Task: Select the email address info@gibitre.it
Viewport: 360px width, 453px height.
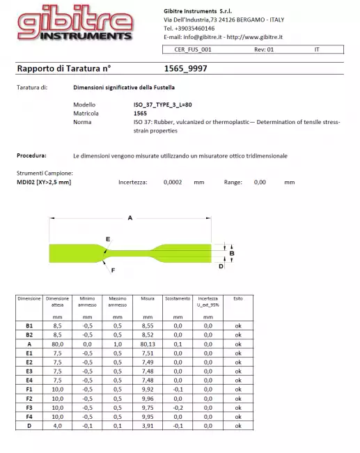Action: pyautogui.click(x=201, y=37)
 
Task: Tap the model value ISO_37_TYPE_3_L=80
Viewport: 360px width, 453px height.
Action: pyautogui.click(x=162, y=104)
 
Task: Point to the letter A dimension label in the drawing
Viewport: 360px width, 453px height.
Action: pyautogui.click(x=130, y=219)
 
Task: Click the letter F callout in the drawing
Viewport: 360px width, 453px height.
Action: pyautogui.click(x=113, y=270)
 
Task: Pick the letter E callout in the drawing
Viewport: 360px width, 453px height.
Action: pyautogui.click(x=108, y=239)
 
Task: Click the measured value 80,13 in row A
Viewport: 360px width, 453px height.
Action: pyautogui.click(x=147, y=344)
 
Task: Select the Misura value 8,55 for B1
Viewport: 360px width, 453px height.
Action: pyautogui.click(x=147, y=325)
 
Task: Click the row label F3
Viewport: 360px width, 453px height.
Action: pyautogui.click(x=29, y=408)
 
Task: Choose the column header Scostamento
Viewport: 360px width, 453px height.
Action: pyautogui.click(x=177, y=298)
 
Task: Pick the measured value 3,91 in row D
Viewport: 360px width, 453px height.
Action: pyautogui.click(x=147, y=426)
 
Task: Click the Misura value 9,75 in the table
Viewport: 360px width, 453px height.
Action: pyautogui.click(x=147, y=408)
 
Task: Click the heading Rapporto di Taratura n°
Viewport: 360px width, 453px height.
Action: pyautogui.click(x=63, y=69)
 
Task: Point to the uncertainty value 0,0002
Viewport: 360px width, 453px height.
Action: pyautogui.click(x=173, y=182)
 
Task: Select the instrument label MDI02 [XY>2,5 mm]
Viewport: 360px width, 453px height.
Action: pyautogui.click(x=44, y=182)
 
